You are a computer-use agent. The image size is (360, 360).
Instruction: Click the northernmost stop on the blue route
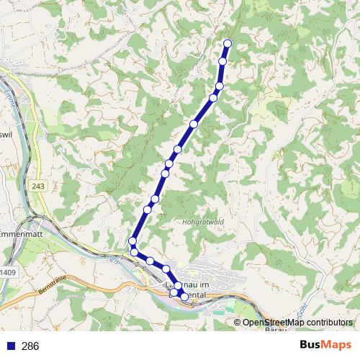click(228, 44)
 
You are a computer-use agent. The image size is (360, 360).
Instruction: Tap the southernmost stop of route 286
click(184, 297)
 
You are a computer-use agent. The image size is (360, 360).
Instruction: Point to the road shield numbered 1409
click(8, 272)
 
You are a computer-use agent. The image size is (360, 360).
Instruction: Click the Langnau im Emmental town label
click(190, 290)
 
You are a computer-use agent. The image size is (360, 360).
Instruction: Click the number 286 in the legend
click(31, 346)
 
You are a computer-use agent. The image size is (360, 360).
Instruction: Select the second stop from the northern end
click(222, 61)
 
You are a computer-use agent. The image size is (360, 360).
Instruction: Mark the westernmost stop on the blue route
click(132, 240)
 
